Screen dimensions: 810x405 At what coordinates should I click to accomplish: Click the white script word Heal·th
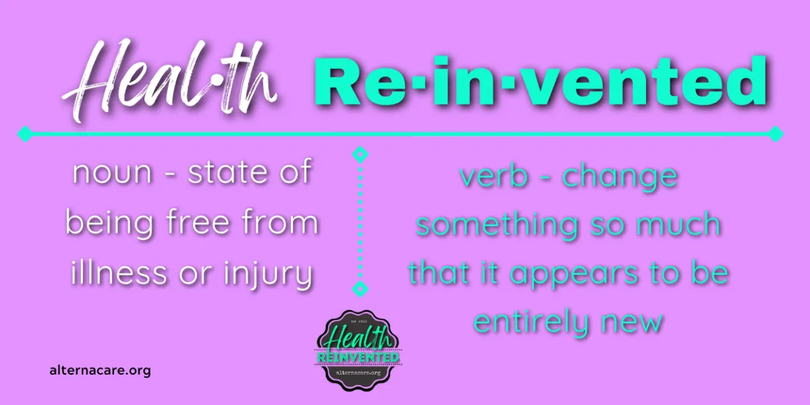point(170,82)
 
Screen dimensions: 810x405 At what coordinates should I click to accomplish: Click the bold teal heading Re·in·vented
point(541,81)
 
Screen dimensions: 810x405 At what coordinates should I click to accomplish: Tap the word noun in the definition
point(112,173)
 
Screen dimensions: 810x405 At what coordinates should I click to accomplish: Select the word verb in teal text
point(494,175)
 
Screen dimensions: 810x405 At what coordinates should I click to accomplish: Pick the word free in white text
point(198,222)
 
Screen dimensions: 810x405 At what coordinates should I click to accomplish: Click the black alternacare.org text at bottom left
point(100,371)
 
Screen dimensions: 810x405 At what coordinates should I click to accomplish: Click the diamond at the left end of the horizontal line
point(25,134)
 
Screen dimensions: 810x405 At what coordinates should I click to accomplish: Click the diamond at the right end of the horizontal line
point(776,134)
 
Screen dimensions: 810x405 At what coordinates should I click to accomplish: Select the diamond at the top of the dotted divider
point(360,155)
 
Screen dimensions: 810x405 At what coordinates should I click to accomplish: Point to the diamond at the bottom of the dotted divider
point(360,289)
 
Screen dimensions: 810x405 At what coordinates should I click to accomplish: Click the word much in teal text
point(679,225)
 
